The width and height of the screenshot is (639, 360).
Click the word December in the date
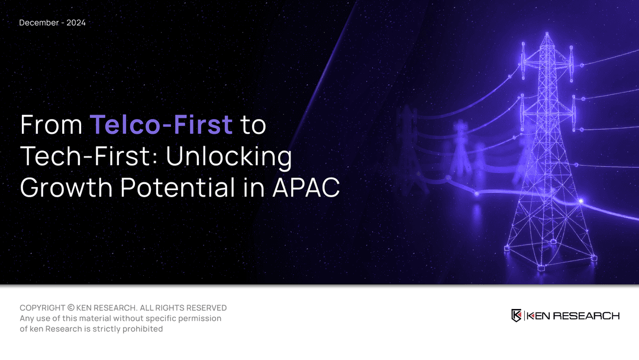tap(38, 23)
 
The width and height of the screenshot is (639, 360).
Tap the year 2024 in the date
tap(76, 23)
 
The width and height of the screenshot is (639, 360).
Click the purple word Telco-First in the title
tap(162, 124)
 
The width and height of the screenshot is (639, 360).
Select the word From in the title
tap(51, 124)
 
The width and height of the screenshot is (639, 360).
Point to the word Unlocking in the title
tap(229, 156)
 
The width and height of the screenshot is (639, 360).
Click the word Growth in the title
tap(66, 188)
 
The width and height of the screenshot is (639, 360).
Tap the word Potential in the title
tap(177, 188)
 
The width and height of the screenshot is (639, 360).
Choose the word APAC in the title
tap(306, 188)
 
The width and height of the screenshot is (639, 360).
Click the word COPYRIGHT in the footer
tap(43, 308)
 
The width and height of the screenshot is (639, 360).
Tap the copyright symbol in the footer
tap(71, 308)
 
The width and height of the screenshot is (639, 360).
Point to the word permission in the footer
tap(201, 319)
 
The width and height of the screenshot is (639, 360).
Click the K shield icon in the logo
tap(517, 316)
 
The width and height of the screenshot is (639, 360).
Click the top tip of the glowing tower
tap(547, 33)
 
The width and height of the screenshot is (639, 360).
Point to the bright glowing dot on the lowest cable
tap(581, 201)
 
